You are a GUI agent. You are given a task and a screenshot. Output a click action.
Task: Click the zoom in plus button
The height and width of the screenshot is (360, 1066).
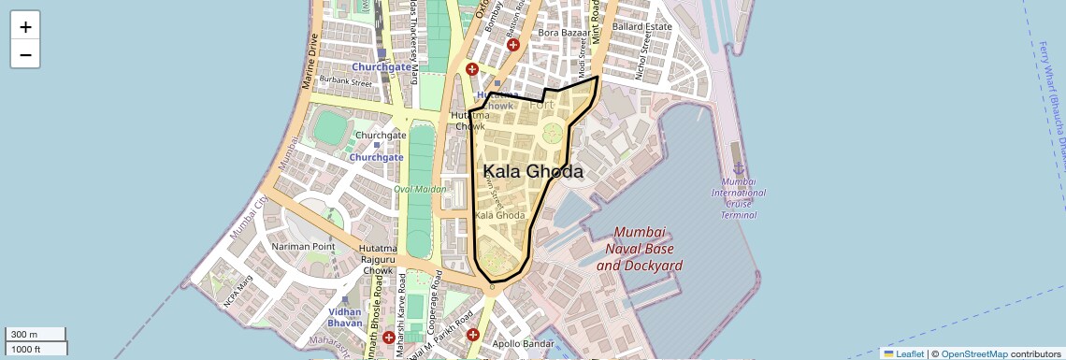coord(25,27)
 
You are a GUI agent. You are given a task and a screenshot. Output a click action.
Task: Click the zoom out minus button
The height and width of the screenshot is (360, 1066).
coord(25,54)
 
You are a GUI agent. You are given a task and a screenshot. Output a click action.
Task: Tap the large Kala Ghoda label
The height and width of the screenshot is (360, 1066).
coord(533,172)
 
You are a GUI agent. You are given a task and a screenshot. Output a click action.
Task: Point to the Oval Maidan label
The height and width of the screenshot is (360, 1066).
coord(420,189)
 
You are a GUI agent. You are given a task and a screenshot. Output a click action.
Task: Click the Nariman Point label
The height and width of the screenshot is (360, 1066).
coord(302,246)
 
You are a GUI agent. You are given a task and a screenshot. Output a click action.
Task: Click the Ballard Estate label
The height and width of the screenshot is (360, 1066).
coord(642,26)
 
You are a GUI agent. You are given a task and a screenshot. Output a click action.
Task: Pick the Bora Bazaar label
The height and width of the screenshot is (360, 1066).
coord(561,33)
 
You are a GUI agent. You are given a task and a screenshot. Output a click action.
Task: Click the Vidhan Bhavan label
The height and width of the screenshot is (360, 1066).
coord(345,317)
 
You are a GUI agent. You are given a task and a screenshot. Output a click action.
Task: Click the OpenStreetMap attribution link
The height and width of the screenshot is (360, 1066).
coord(973,353)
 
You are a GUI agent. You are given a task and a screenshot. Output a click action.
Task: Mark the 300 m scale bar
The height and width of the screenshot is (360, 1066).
coord(36,335)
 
